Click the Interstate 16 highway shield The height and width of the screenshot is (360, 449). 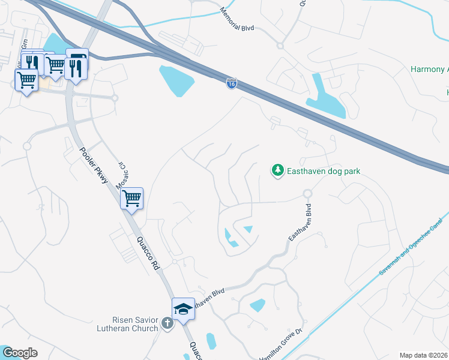click(x=232, y=83)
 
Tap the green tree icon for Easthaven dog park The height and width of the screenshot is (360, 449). click(x=277, y=171)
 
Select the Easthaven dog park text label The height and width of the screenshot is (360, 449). click(x=324, y=171)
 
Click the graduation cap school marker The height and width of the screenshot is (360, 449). click(x=183, y=309)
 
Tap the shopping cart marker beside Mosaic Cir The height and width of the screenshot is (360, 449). click(x=131, y=197)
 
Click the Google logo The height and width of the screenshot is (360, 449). click(x=20, y=353)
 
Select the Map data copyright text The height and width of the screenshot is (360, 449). click(x=424, y=355)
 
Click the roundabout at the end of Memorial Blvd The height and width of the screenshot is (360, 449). click(x=280, y=46)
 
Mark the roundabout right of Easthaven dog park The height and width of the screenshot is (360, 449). click(x=308, y=194)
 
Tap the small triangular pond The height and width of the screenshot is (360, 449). click(x=248, y=229)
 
